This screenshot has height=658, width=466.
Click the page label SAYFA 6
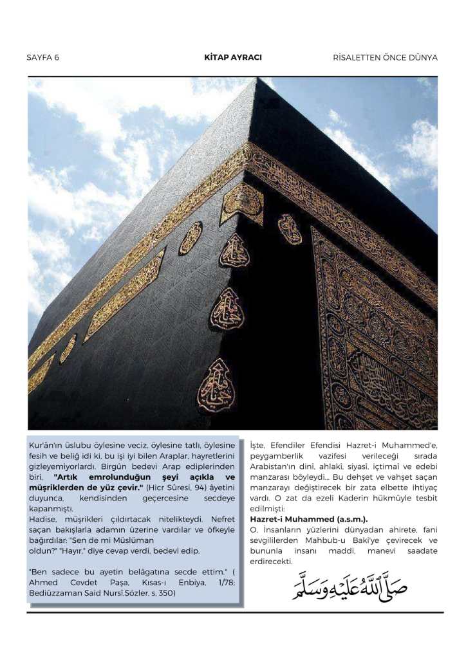[x=43, y=57]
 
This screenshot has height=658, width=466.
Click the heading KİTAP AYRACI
[x=233, y=57]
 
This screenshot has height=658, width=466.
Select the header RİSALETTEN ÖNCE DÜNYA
[x=385, y=57]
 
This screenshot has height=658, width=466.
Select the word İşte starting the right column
[x=257, y=444]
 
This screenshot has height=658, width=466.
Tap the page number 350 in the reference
[x=167, y=592]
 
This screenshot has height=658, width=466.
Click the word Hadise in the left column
[x=43, y=519]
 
